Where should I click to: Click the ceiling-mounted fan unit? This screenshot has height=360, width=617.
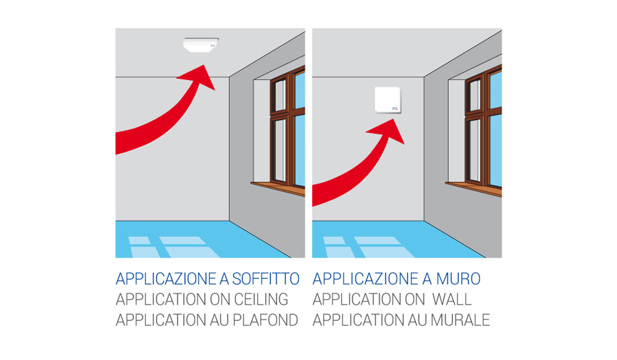pyautogui.click(x=201, y=45)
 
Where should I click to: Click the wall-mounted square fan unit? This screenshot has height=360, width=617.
pyautogui.click(x=388, y=100)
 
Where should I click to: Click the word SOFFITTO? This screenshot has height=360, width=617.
pyautogui.click(x=266, y=279)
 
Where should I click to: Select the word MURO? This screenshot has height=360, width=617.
pyautogui.click(x=458, y=279)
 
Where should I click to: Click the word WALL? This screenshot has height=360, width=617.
pyautogui.click(x=452, y=299)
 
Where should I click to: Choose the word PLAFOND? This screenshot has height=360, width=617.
pyautogui.click(x=265, y=320)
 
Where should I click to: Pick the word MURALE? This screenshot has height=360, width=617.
pyautogui.click(x=460, y=320)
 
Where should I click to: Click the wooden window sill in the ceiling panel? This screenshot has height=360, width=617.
pyautogui.click(x=278, y=189)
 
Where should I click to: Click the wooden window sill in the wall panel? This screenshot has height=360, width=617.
pyautogui.click(x=474, y=189)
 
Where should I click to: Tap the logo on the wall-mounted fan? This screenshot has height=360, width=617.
pyautogui.click(x=395, y=109)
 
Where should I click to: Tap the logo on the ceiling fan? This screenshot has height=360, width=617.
pyautogui.click(x=213, y=45)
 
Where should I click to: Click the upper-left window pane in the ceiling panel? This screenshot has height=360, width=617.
pyautogui.click(x=280, y=95)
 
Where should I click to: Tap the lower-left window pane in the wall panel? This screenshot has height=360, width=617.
pyautogui.click(x=475, y=150)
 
